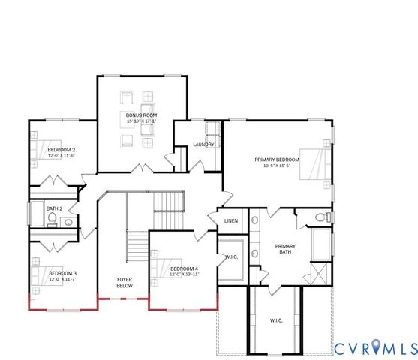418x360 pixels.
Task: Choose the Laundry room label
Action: (203, 145)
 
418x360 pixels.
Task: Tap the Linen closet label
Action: (232, 220)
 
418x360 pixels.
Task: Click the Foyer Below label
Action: (125, 283)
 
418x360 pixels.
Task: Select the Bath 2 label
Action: (53, 209)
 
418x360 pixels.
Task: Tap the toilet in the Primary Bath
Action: (322, 217)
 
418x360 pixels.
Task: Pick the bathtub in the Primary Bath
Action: (320, 244)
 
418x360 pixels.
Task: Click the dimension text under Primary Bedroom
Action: (277, 166)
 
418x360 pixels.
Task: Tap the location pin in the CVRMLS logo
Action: (372, 348)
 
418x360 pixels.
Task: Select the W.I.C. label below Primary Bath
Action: (276, 321)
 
